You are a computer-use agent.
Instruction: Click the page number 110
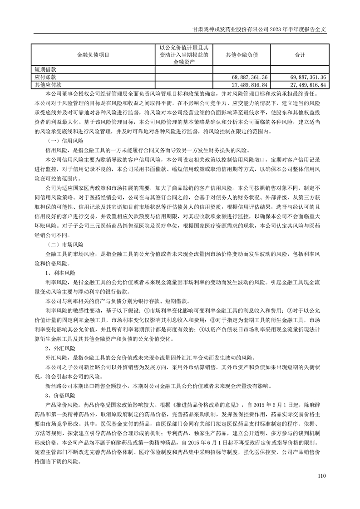(322, 476)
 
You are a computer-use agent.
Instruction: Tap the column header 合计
(300, 54)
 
